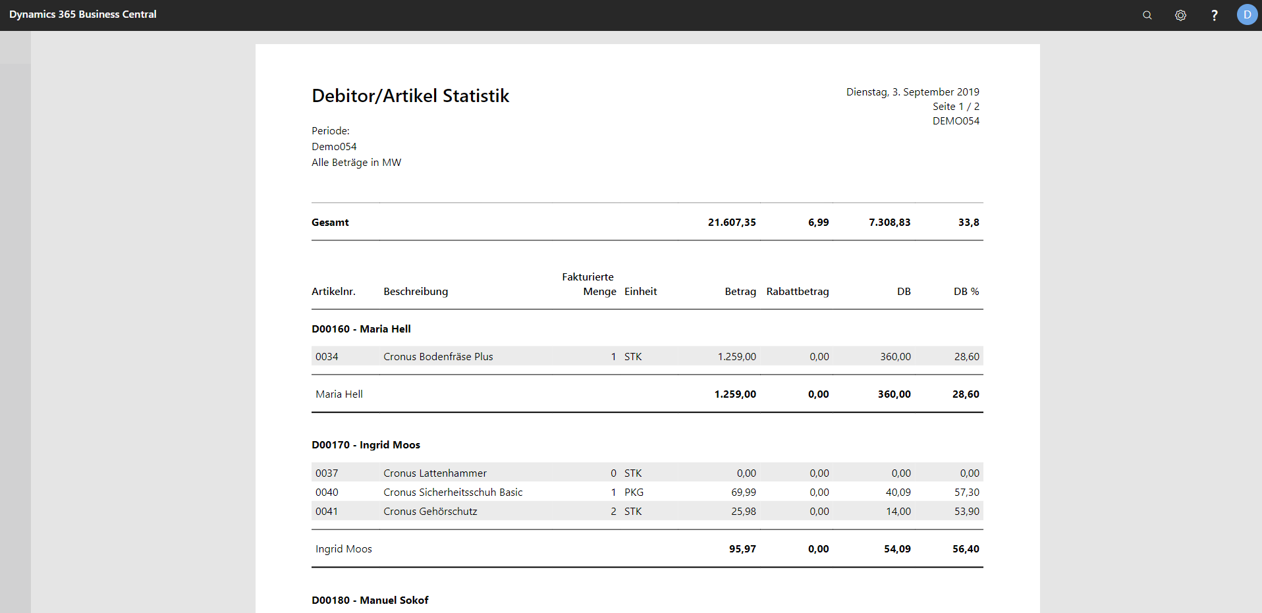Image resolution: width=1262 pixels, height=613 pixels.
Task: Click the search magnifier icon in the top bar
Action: point(1147,15)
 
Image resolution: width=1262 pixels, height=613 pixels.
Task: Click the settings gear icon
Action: point(1180,15)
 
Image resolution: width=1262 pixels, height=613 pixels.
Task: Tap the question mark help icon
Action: point(1215,15)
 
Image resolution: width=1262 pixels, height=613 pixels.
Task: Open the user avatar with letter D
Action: point(1247,14)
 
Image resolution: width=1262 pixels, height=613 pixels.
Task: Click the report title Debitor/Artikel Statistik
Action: point(410,96)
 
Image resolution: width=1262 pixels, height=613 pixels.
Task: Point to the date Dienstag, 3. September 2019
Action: point(913,92)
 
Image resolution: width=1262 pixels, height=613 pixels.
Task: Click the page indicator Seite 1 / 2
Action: point(956,107)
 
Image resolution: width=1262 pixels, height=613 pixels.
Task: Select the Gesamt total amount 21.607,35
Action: point(732,223)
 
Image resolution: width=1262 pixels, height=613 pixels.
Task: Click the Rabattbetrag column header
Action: point(798,292)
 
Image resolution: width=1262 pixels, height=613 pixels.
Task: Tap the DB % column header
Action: point(966,292)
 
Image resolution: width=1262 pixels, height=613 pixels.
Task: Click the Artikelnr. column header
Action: point(333,292)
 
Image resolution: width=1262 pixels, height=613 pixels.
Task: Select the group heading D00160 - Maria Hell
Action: point(361,329)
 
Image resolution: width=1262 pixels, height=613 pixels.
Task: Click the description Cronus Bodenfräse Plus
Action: point(438,357)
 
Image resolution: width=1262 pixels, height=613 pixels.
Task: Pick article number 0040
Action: point(327,493)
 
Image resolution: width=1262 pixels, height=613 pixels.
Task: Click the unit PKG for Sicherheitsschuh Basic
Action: point(634,493)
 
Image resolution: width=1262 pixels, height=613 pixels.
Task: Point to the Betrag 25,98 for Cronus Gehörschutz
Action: point(744,512)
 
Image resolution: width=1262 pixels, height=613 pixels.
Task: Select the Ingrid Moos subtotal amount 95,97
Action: point(742,549)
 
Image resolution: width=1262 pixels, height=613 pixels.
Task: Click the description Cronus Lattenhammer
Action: point(435,473)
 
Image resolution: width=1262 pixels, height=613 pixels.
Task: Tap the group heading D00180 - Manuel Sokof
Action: point(370,600)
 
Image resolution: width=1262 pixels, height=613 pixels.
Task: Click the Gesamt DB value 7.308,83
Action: point(889,223)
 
